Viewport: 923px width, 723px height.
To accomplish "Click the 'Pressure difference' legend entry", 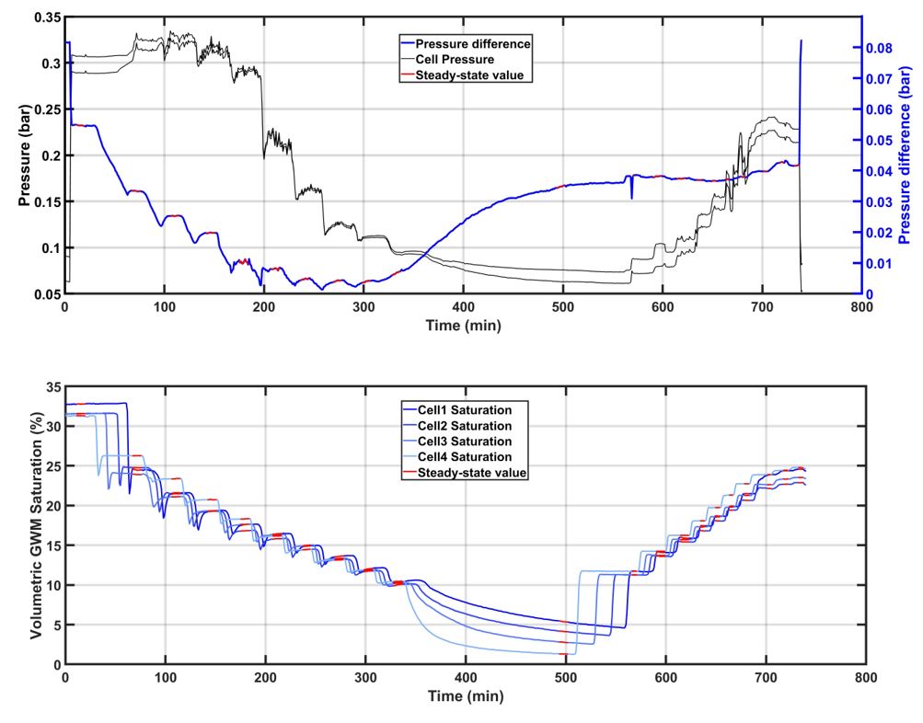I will pos(474,43).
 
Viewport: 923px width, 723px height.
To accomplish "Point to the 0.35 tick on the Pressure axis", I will pos(43,17).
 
